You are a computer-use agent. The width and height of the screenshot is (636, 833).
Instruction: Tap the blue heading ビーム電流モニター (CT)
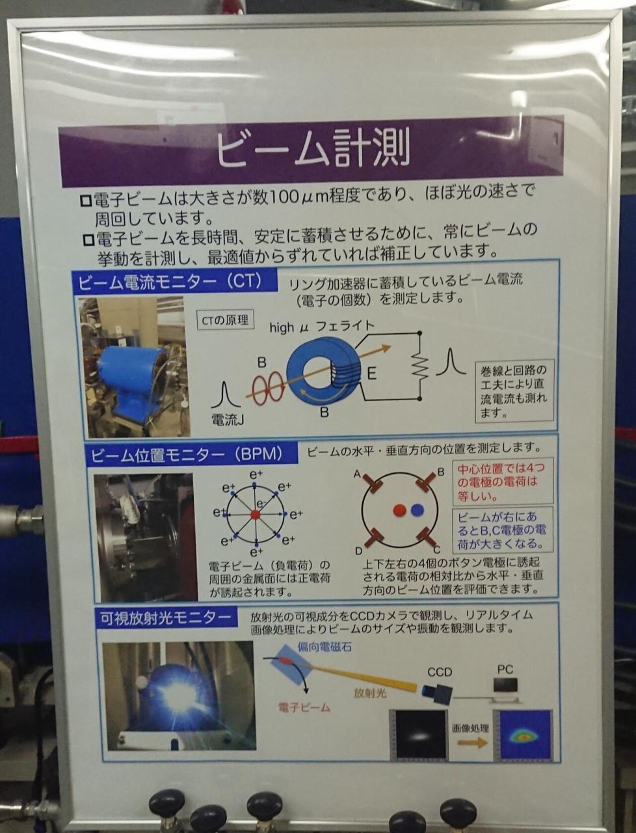coord(175,281)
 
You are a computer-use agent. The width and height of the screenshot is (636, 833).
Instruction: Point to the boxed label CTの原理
coord(225,320)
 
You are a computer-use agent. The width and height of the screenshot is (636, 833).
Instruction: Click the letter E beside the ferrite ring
coord(372,374)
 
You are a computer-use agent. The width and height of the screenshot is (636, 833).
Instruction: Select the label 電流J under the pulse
coord(228,419)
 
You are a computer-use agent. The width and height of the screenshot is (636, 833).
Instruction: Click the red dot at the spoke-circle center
coord(255,515)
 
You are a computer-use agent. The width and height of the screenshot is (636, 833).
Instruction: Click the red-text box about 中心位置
coord(503,482)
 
